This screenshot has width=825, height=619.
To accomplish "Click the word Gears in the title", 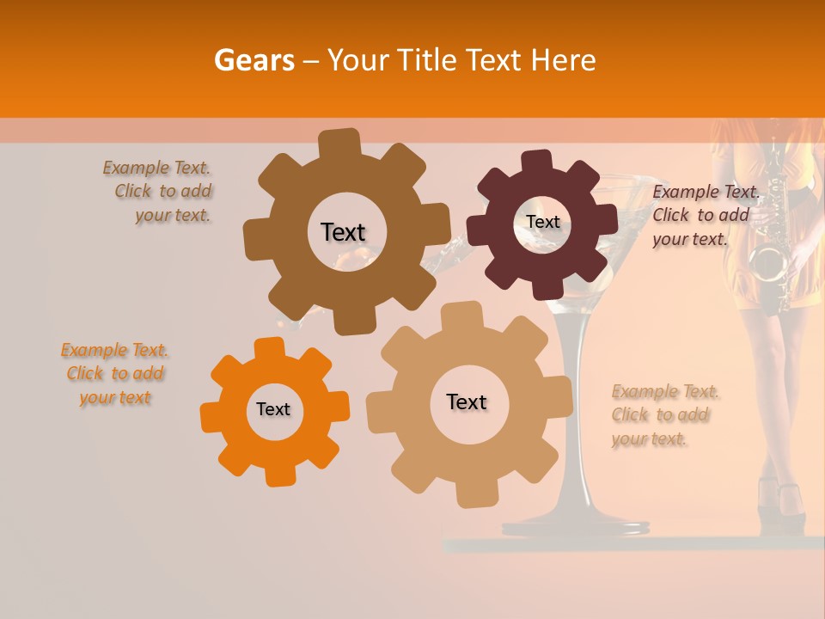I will coord(254,61).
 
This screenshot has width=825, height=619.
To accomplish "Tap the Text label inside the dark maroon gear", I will coord(542,222).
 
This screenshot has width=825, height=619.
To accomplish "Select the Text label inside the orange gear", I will coord(273,410).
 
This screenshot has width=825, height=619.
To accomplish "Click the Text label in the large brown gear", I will coord(343,232).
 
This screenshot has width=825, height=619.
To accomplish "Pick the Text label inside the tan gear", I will coord(467,402).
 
